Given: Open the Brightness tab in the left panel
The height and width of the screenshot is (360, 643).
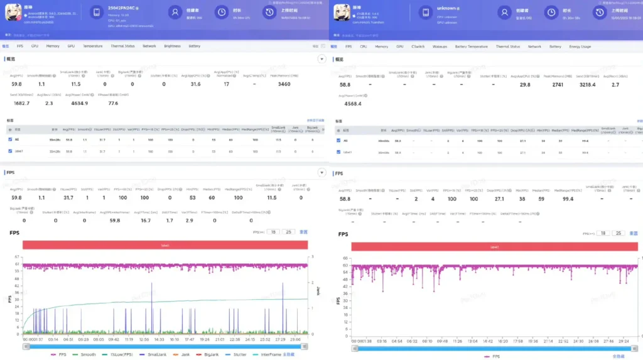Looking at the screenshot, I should (x=172, y=46).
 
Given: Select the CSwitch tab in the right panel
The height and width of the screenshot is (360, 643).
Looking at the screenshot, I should (x=418, y=46).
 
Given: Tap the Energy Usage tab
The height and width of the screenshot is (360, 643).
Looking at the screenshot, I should (x=580, y=46).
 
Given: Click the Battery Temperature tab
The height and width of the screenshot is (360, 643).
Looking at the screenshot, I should (x=471, y=46).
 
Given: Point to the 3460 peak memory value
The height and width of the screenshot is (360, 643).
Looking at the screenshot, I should (x=284, y=84).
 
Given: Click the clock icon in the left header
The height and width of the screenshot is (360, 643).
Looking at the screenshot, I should (x=221, y=12).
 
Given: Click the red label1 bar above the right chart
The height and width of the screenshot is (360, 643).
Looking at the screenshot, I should (x=494, y=247).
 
